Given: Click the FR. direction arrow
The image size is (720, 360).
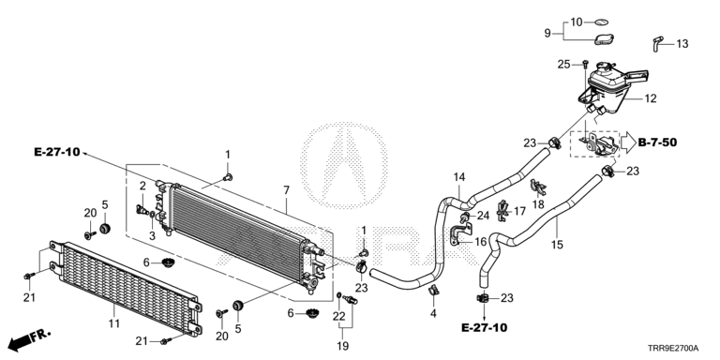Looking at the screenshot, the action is pyautogui.click(x=28, y=339).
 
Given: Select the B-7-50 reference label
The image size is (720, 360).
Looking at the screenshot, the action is pyautogui.click(x=657, y=142).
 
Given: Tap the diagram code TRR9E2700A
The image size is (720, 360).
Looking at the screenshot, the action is pyautogui.click(x=674, y=349).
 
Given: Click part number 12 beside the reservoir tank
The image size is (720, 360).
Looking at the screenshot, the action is pyautogui.click(x=651, y=98).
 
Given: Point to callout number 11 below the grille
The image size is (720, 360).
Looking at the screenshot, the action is pyautogui.click(x=113, y=323).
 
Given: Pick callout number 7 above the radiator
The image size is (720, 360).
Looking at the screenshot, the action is pyautogui.click(x=286, y=189).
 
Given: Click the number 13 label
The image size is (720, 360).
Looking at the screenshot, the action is pyautogui.click(x=682, y=44).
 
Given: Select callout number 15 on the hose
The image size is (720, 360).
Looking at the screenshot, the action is pyautogui.click(x=557, y=245).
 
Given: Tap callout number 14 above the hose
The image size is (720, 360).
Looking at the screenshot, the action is pyautogui.click(x=459, y=177).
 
